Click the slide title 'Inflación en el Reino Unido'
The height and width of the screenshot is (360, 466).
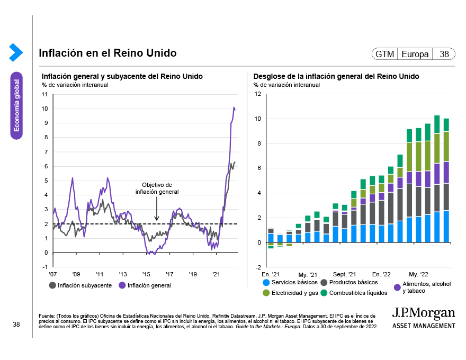pos(107,53)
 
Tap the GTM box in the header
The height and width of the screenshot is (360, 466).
pos(384,54)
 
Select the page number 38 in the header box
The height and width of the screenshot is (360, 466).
pos(444,54)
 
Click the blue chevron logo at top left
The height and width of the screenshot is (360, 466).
pos(16,52)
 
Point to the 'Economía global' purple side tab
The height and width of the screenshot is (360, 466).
pos(17,105)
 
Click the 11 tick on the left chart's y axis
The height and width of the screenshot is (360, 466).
pos(44,94)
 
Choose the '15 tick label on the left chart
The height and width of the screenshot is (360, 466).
pos(146,274)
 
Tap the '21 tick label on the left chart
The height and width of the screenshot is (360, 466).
pos(216,274)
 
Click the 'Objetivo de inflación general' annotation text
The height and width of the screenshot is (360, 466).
pos(157,188)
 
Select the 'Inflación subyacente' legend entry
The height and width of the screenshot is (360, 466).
pos(80,285)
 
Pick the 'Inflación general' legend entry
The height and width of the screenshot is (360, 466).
pos(145,285)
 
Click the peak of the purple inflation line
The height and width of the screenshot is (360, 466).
pos(234,108)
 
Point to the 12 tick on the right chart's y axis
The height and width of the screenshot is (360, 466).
pos(258,94)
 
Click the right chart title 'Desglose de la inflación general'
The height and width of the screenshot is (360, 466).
pos(336,76)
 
